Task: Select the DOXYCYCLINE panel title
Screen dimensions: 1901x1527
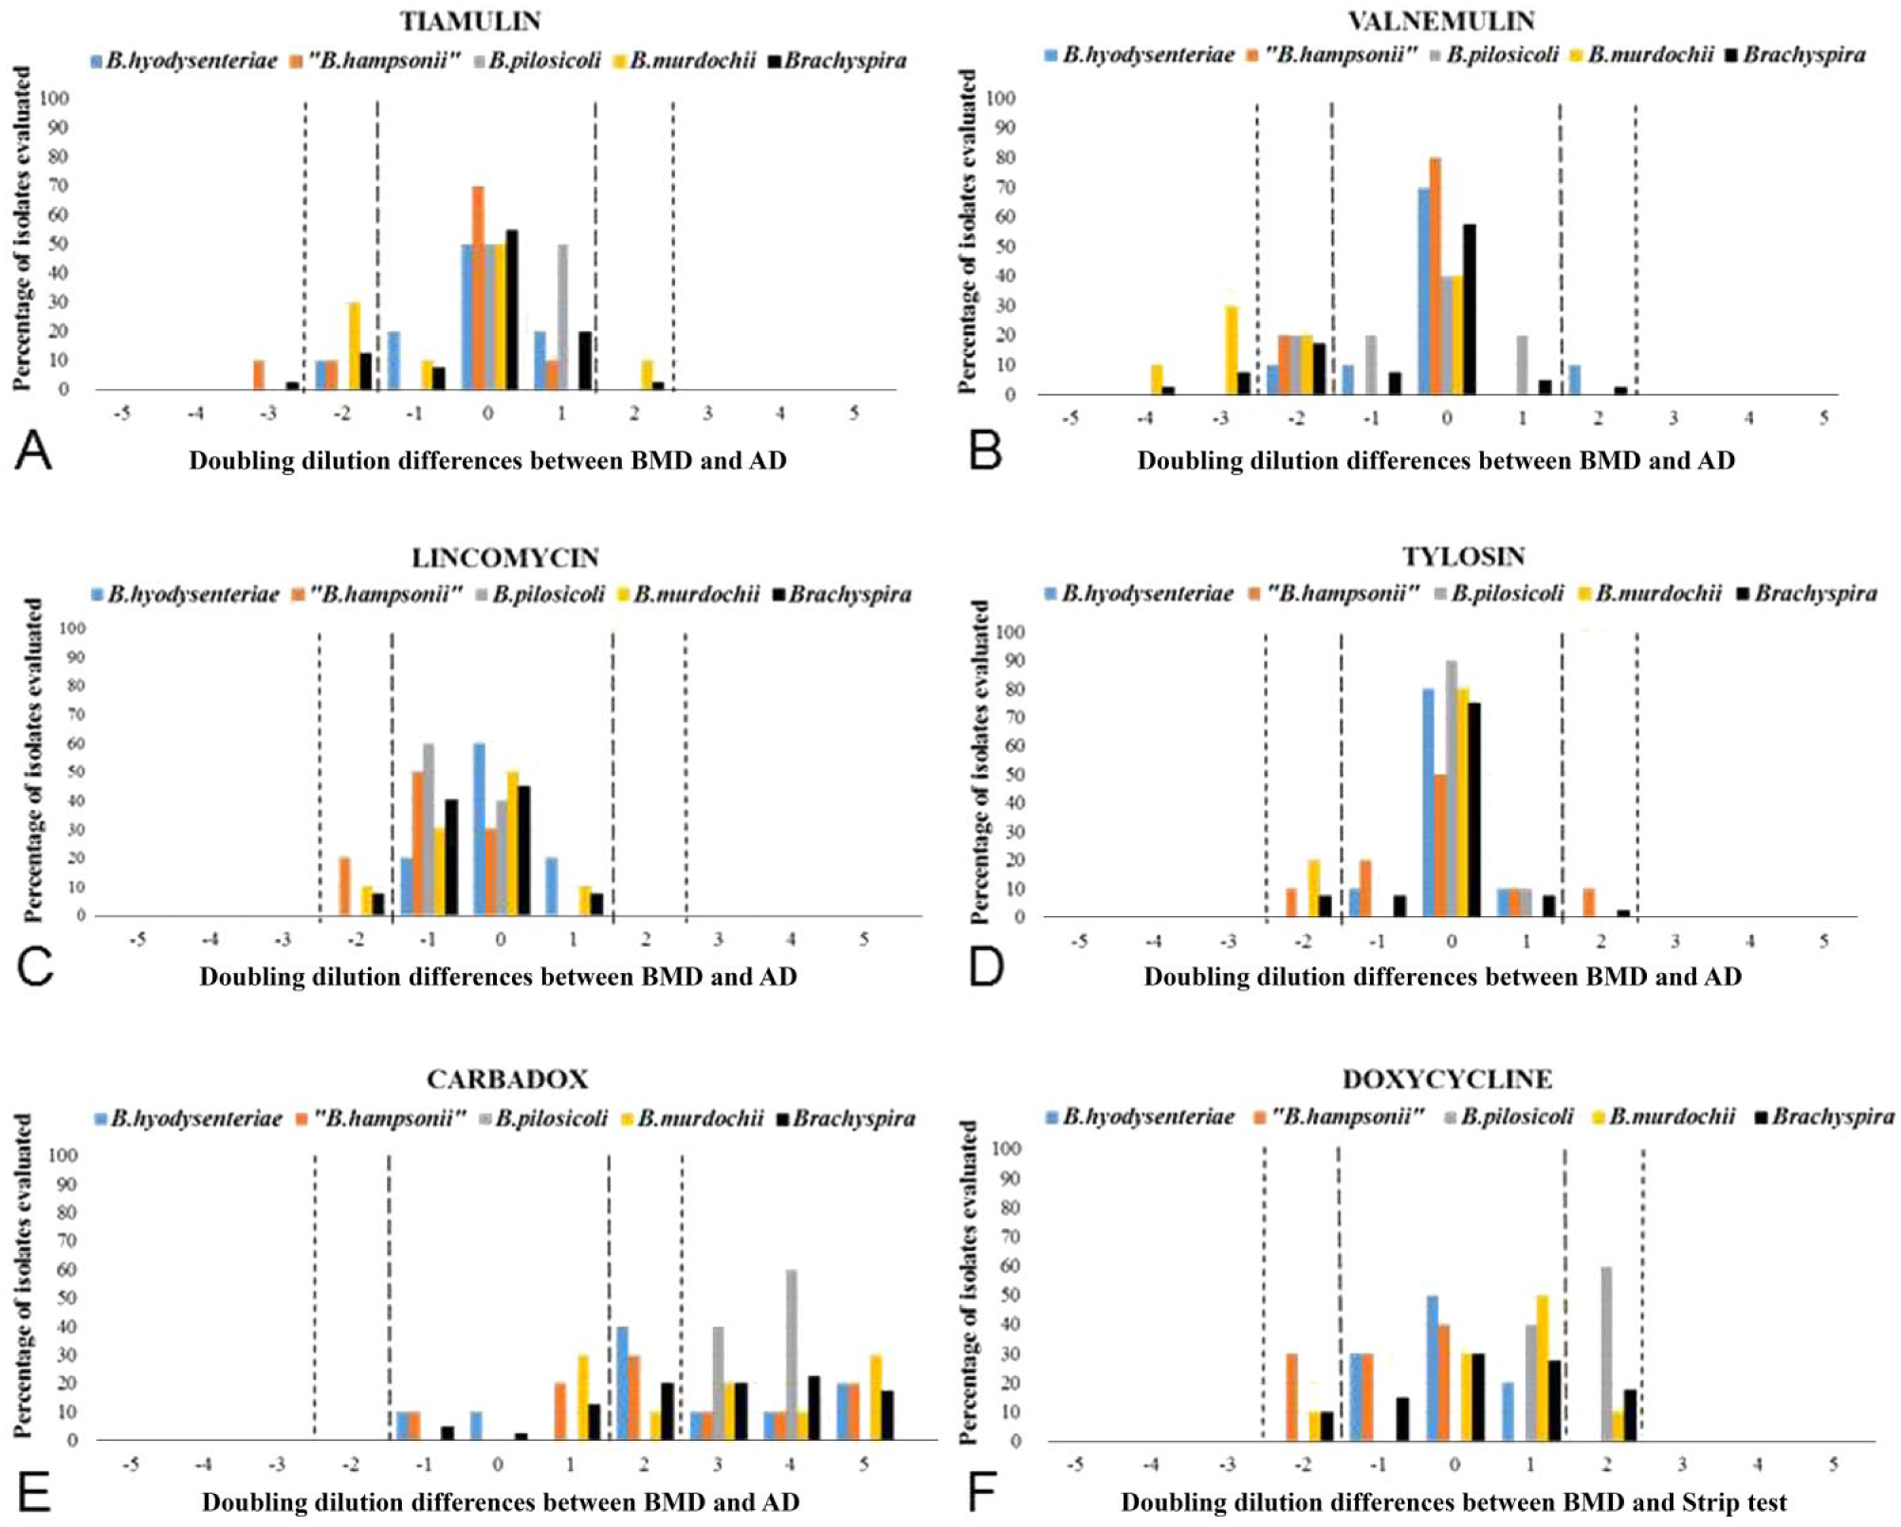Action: [1447, 1079]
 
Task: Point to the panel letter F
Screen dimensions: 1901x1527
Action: [981, 1492]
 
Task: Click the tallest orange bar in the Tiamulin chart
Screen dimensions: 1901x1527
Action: [478, 287]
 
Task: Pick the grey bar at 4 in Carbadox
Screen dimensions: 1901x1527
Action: [792, 1354]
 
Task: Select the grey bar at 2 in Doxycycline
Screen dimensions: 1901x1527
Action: [1606, 1353]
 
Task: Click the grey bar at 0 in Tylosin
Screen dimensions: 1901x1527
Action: [1451, 788]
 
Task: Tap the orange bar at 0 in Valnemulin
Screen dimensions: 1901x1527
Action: [1435, 275]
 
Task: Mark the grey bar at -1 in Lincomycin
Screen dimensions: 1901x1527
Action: [429, 829]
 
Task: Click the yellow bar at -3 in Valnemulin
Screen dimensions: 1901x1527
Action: [1232, 349]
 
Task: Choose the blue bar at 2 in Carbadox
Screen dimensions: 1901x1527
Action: [622, 1383]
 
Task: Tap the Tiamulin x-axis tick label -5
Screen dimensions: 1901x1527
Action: [121, 414]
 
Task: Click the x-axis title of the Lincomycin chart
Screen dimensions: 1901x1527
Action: [498, 977]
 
